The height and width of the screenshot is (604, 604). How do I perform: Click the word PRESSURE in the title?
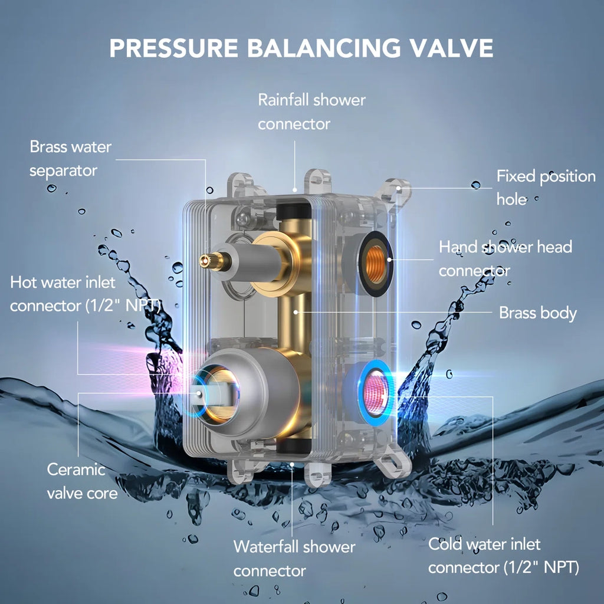coord(174,48)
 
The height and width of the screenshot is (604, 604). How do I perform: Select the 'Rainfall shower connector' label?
coord(311,111)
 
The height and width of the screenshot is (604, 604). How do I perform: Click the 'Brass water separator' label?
coord(71,158)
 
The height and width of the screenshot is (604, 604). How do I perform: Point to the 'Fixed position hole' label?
coord(546,188)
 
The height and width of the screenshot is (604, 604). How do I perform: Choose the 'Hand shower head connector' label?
coord(505,258)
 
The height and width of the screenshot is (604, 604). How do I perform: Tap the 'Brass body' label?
coord(538,313)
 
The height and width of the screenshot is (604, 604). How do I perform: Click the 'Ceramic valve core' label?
coord(82,481)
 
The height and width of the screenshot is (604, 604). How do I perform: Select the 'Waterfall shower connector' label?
coord(294,559)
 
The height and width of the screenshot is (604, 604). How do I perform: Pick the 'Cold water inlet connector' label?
coord(504,556)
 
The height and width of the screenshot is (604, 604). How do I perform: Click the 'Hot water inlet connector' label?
coord(85,294)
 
